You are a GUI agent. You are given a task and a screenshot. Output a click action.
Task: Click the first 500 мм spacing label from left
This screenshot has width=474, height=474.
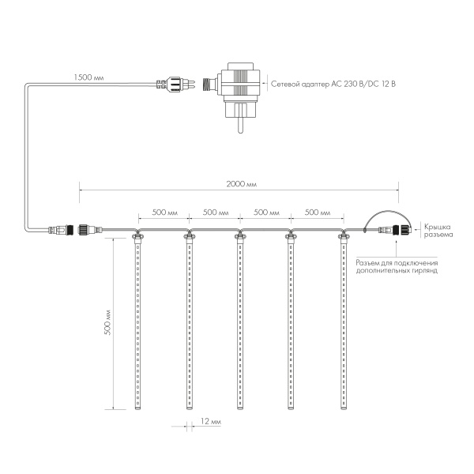164,213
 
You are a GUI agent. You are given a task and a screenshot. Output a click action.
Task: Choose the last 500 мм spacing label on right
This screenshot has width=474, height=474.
317,213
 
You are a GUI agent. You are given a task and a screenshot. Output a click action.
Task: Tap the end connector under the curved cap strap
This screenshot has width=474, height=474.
391,231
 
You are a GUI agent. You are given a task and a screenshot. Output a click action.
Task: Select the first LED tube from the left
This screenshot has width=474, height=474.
137,324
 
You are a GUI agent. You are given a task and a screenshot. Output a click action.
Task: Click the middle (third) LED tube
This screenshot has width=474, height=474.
239,324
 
